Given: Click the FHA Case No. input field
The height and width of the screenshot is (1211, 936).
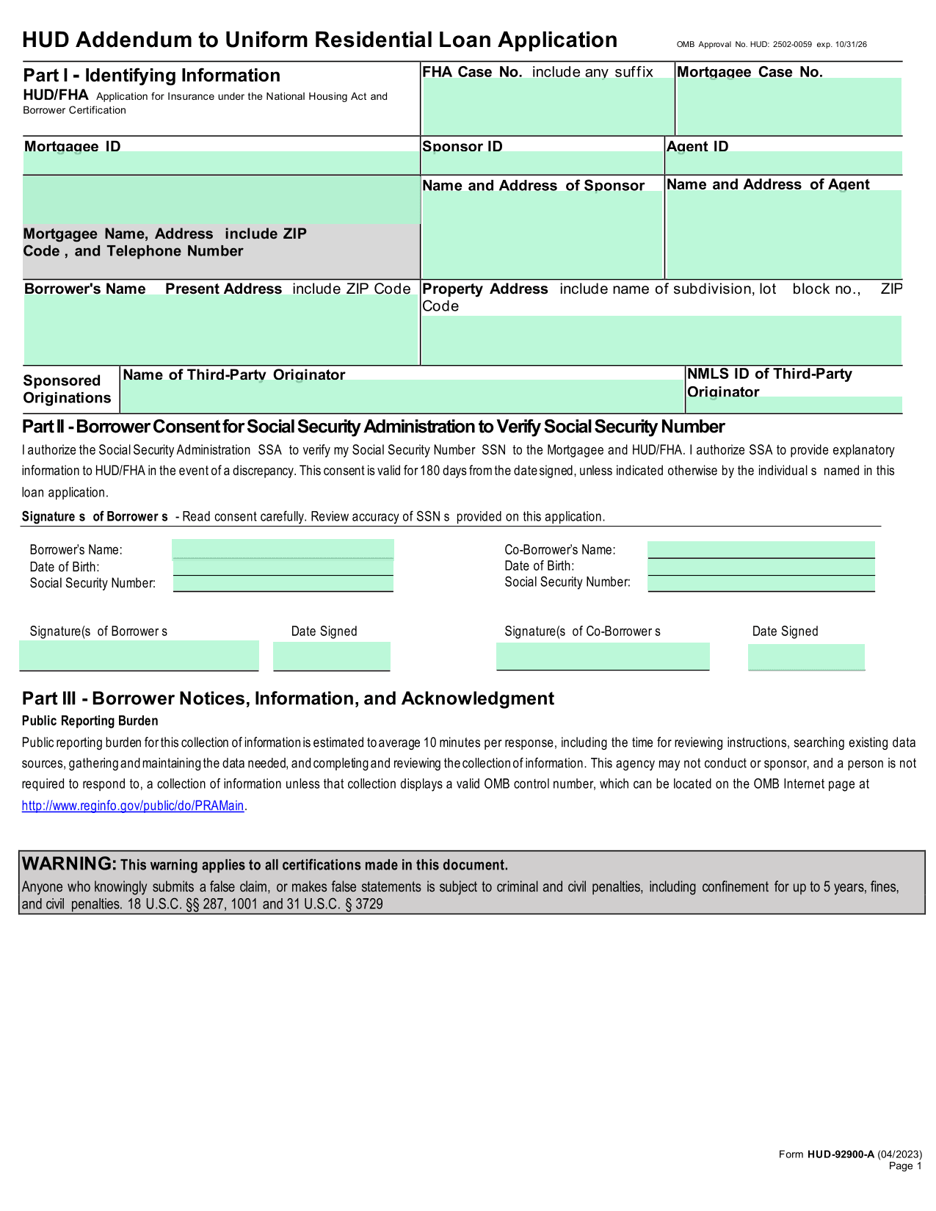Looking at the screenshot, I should point(548,106).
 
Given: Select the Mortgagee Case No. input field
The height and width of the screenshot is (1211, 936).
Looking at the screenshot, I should point(788,106).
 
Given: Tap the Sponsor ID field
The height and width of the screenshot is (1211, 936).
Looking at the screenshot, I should point(543,162).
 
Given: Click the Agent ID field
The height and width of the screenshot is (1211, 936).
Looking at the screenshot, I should point(783,162).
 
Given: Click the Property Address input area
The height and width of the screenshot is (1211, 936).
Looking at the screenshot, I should point(661,340).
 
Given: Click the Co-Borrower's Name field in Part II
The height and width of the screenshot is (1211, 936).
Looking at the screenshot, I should point(761,549).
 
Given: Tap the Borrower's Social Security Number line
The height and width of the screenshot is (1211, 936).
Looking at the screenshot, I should point(283,584).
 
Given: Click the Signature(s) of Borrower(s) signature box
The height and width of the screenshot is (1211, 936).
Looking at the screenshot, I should point(139,655).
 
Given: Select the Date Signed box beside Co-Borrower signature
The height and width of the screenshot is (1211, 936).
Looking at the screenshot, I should point(806,657).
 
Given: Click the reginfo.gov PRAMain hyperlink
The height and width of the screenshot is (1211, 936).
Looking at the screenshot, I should point(133,806).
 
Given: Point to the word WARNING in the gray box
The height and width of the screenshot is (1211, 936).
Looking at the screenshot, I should point(69,864).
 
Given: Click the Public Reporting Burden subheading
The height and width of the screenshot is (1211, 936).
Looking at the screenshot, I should point(90,720).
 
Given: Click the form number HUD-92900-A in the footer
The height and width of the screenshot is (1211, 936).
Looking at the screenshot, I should point(841,1154).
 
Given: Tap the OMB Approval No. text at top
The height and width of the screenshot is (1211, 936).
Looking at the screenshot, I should point(771,45).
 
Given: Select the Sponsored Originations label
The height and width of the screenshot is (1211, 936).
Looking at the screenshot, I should point(67,389).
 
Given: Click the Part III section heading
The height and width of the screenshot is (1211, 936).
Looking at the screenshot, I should point(288,698).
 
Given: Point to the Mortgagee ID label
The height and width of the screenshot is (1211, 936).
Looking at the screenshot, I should point(72,145).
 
